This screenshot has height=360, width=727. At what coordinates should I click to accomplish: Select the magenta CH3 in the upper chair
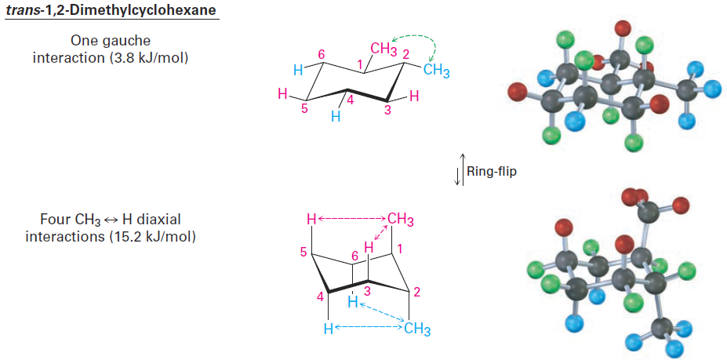click(383, 49)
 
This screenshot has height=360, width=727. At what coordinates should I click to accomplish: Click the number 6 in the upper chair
click(322, 54)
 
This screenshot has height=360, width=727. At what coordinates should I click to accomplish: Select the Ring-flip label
click(492, 171)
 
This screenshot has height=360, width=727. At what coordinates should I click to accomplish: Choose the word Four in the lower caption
click(53, 218)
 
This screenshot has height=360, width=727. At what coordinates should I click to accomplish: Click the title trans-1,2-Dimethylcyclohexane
click(111, 9)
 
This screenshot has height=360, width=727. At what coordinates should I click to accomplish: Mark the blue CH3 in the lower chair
click(416, 329)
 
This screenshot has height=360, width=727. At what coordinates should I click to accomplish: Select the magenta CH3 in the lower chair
click(401, 219)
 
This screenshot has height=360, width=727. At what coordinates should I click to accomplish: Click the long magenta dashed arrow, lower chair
click(352, 219)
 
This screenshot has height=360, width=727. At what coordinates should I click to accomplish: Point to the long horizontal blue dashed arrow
click(368, 328)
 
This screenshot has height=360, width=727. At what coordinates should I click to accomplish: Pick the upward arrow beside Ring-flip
click(462, 169)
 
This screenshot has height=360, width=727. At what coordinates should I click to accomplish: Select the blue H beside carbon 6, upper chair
click(299, 70)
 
